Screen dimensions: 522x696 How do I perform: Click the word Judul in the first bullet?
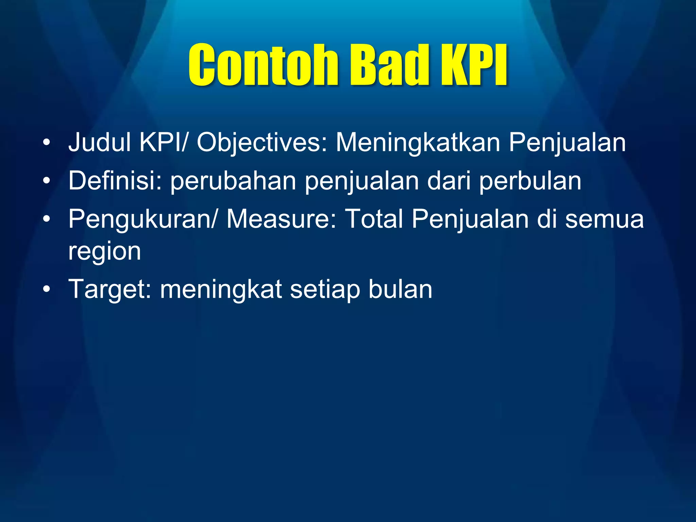[x=100, y=142]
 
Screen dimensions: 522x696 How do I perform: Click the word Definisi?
[x=115, y=180]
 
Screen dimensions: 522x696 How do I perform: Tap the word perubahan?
[x=233, y=181]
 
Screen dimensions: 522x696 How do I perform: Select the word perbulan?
[x=530, y=181]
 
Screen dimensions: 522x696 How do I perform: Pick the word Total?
[x=374, y=219]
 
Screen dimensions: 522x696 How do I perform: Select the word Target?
[x=110, y=290]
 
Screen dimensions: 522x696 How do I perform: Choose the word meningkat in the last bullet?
[x=221, y=290]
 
